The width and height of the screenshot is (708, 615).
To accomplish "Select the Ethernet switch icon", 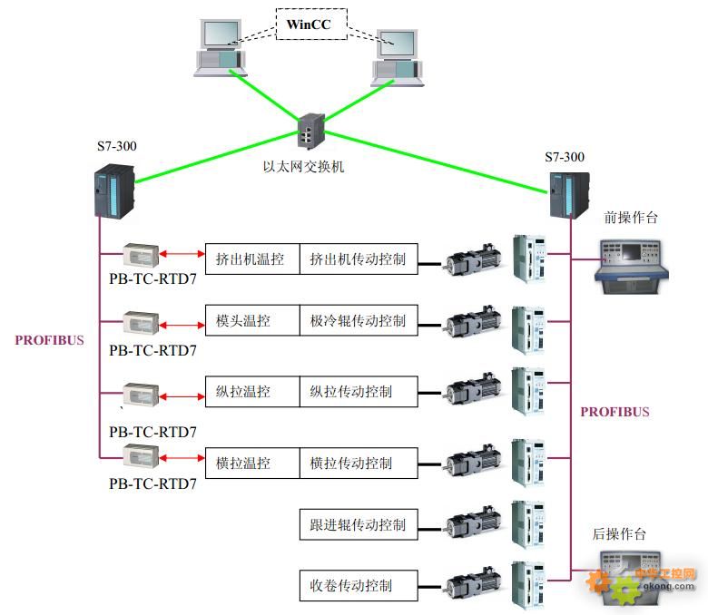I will point(311,132).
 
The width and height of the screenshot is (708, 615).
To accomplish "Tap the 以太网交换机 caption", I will point(304,167).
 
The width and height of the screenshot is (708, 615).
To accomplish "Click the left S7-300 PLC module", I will point(114,191).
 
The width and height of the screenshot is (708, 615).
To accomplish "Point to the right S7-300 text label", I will point(565,157).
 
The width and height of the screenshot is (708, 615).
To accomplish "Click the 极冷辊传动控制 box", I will point(359,321).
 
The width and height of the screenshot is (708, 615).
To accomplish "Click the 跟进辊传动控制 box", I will point(359,524).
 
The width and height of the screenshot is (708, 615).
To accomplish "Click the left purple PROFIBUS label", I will point(49,341).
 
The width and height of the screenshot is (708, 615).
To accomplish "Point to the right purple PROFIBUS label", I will point(615,412).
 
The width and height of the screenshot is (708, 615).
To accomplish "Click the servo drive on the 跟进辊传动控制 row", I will point(528,523).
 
